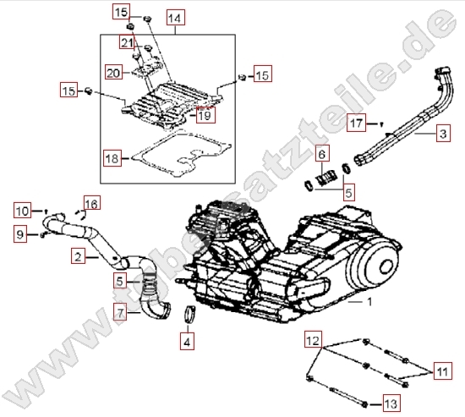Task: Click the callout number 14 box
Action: coord(174,18)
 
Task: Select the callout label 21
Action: coord(128,43)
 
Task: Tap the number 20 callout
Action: coord(114,73)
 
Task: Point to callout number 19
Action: coord(205,116)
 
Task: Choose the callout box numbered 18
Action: coord(112,158)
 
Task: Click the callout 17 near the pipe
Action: coord(358,123)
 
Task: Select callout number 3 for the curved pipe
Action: coord(442,134)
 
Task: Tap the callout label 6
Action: coord(322,154)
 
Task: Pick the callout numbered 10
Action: coord(23,209)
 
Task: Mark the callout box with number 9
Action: coord(20,233)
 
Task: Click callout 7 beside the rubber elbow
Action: coord(123,313)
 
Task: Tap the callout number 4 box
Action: coord(187,343)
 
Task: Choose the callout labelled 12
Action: coord(313,342)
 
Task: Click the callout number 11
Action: coord(443,370)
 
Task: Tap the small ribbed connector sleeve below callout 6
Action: coord(326,179)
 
